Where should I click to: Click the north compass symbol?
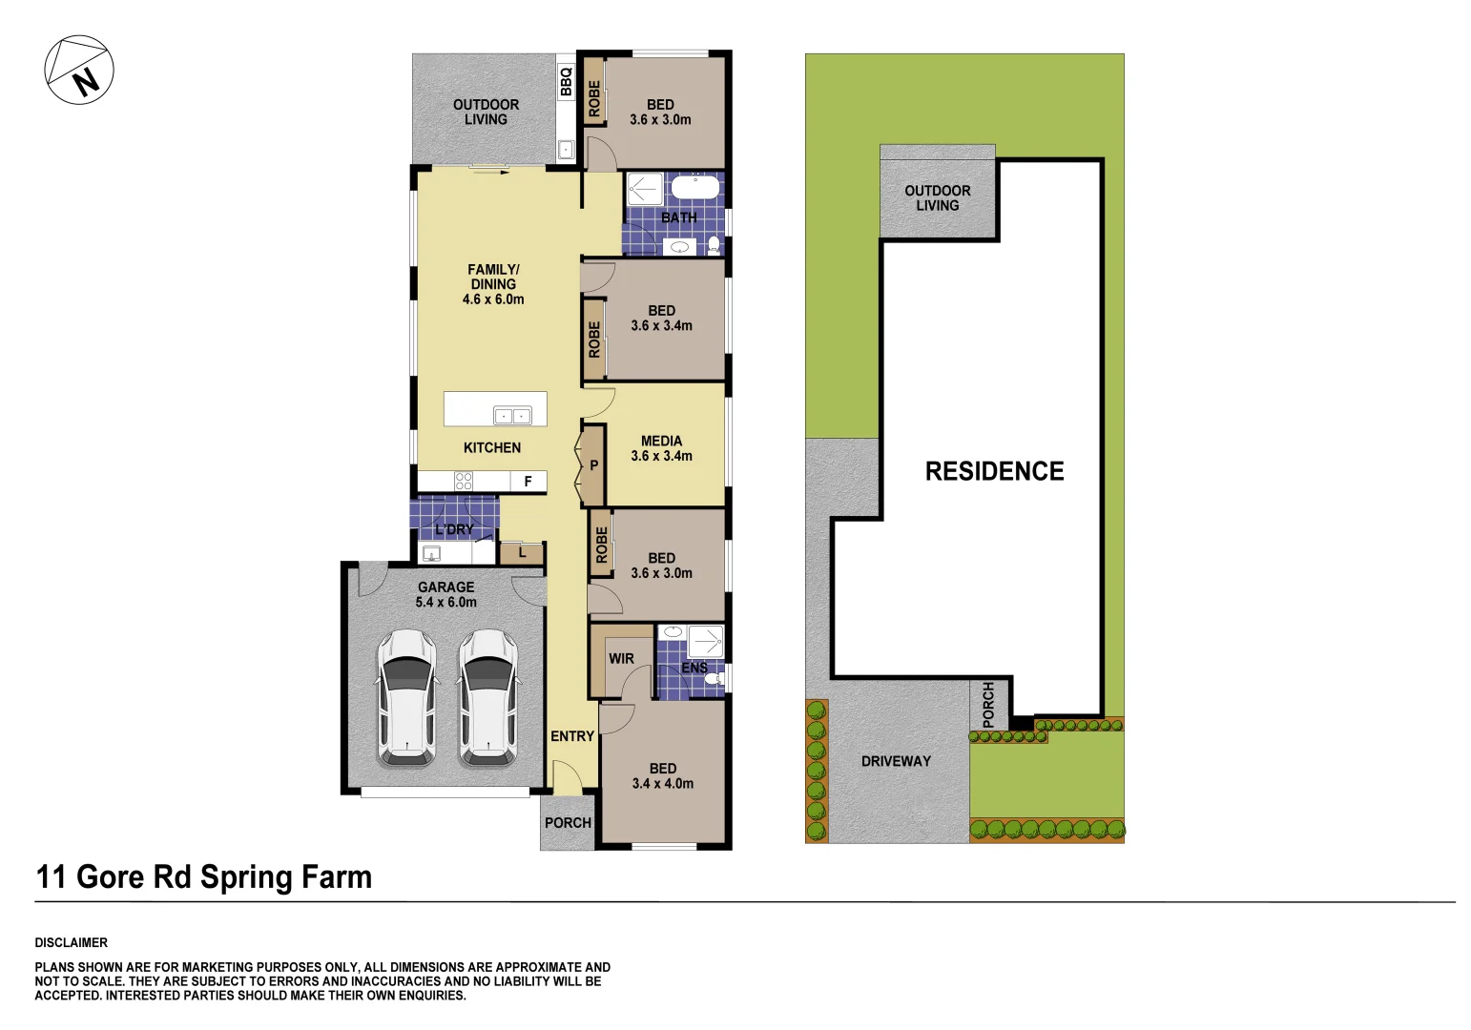point(79,70)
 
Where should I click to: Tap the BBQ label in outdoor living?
point(566,81)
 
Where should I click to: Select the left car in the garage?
point(407,698)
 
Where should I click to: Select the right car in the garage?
point(487,698)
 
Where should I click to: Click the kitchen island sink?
point(512,415)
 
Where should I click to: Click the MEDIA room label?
point(661,441)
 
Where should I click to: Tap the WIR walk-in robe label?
point(621,658)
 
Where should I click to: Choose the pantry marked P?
point(593,465)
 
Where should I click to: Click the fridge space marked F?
point(528,482)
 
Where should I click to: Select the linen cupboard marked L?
point(522,552)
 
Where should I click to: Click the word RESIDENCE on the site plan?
point(994,471)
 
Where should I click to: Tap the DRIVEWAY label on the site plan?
point(896,761)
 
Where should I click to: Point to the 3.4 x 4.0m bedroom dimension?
point(663,784)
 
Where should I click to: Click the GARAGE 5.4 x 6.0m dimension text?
point(445,602)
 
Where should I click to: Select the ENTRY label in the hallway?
point(572,736)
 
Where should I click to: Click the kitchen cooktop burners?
point(464,481)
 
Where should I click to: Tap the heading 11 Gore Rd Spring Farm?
point(203,877)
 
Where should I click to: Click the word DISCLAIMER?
point(72,942)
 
